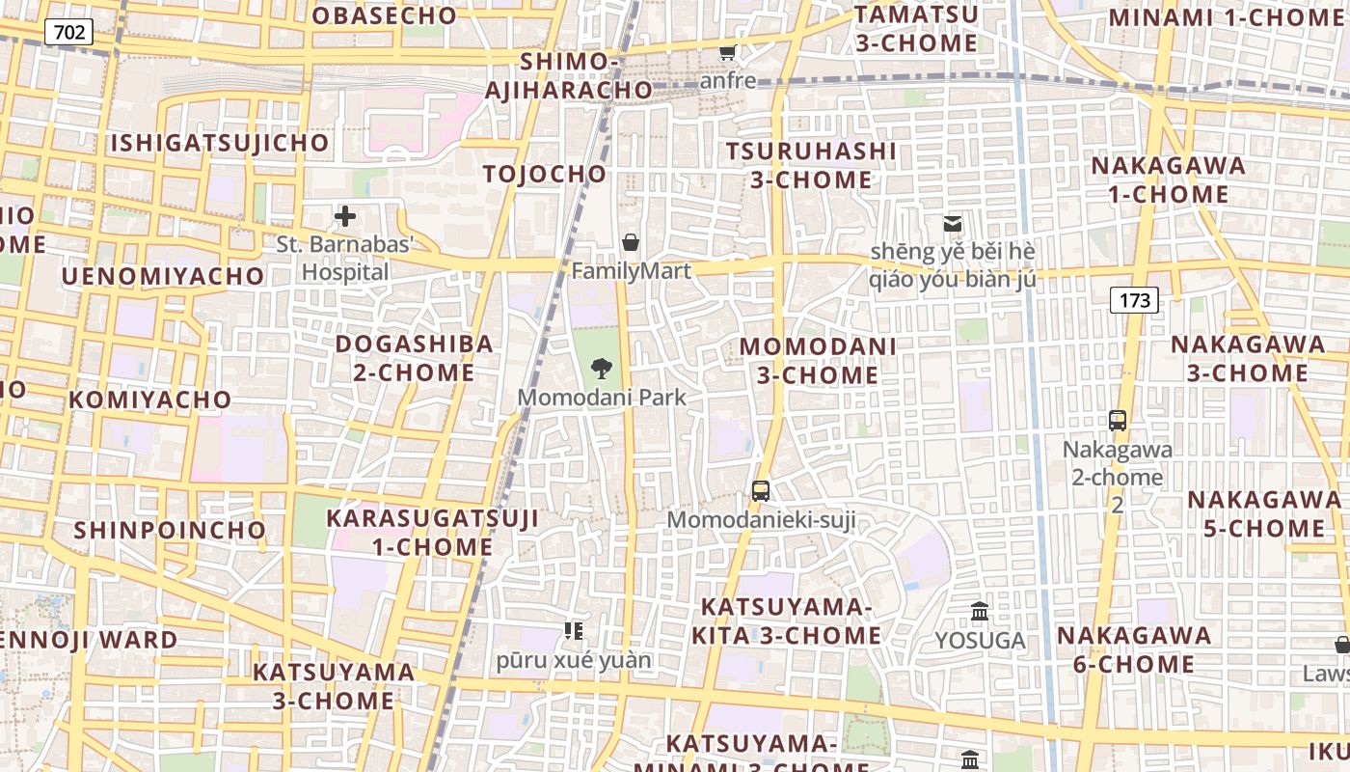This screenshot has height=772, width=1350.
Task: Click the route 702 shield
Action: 68,32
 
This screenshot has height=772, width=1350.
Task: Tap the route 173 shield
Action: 1134,300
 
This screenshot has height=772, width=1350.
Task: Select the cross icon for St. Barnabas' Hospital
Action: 344,216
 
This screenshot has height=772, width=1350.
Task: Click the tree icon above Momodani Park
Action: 602,368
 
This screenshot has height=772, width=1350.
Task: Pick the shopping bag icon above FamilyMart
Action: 631,241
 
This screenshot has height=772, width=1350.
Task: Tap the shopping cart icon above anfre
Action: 727,52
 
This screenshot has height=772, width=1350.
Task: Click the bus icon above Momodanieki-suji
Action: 761,491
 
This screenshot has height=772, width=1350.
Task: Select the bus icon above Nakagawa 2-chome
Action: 1118,421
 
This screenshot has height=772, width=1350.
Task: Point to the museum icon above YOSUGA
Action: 980,612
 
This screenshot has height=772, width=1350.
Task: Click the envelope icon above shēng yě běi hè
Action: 953,224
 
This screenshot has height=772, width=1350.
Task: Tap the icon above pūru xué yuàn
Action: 574,631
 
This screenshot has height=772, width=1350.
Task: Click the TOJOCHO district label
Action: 545,174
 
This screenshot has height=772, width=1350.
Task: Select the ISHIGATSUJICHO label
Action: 220,144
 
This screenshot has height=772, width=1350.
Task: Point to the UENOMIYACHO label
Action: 163,276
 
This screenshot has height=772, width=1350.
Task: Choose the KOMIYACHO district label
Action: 150,400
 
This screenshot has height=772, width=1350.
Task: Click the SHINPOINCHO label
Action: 170,530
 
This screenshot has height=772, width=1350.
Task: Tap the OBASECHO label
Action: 384,15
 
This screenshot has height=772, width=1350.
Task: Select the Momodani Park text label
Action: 603,397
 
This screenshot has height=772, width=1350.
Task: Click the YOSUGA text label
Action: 980,641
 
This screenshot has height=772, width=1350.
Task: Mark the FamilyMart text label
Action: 632,271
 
